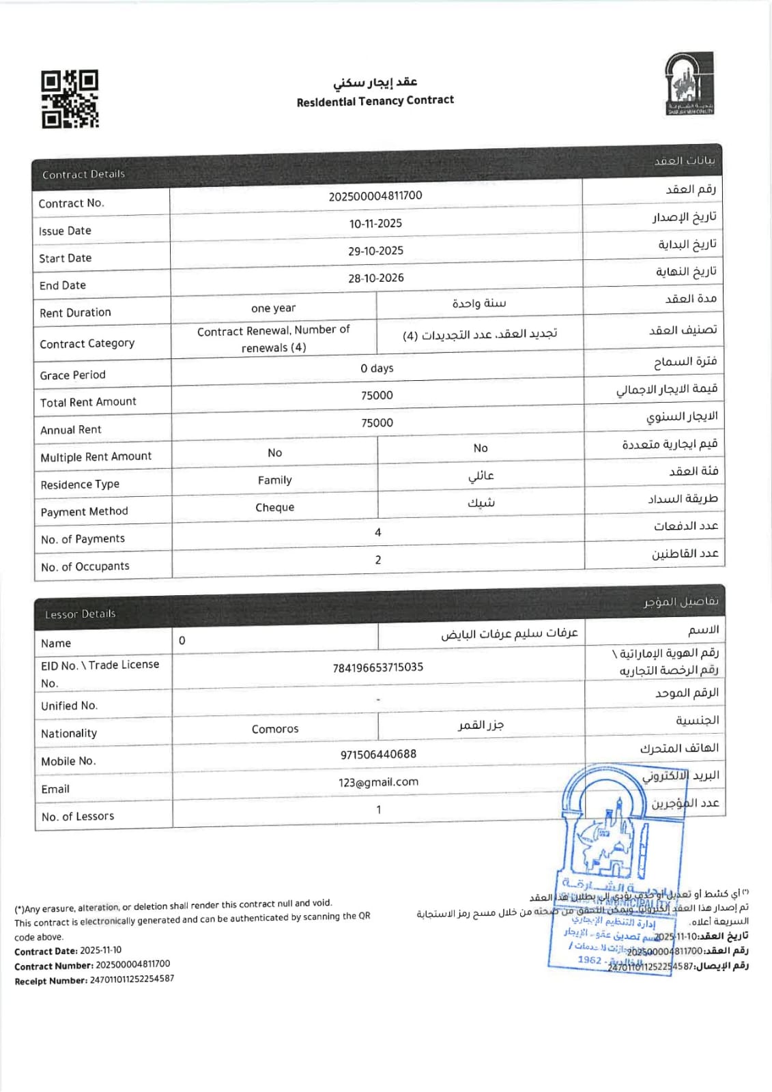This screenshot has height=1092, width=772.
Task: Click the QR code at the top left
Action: pyautogui.click(x=70, y=99)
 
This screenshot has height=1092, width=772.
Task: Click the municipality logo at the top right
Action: pyautogui.click(x=689, y=83)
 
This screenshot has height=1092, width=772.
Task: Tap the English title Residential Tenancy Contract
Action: pyautogui.click(x=375, y=101)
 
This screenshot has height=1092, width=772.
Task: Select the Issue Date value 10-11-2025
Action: pyautogui.click(x=375, y=224)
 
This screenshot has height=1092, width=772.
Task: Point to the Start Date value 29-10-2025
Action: pyautogui.click(x=375, y=251)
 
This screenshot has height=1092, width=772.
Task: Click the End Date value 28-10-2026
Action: pyautogui.click(x=375, y=278)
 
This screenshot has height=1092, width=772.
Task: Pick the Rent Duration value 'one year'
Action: pyautogui.click(x=273, y=308)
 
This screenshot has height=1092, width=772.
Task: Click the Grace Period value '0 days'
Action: pyautogui.click(x=377, y=369)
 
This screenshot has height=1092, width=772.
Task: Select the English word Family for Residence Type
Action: pyautogui.click(x=274, y=480)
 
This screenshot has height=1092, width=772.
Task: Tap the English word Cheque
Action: pyautogui.click(x=274, y=508)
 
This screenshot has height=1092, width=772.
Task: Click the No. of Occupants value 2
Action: pyautogui.click(x=378, y=560)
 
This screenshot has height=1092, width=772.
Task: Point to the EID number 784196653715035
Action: pyautogui.click(x=377, y=667)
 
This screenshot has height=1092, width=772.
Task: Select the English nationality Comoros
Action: pyautogui.click(x=275, y=730)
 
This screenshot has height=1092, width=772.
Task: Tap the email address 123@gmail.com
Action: pyautogui.click(x=378, y=783)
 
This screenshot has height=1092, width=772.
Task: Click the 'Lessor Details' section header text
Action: pyautogui.click(x=80, y=614)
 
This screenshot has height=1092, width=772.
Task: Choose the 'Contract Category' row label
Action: pyautogui.click(x=87, y=344)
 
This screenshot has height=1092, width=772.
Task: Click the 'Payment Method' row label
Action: pyautogui.click(x=84, y=512)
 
